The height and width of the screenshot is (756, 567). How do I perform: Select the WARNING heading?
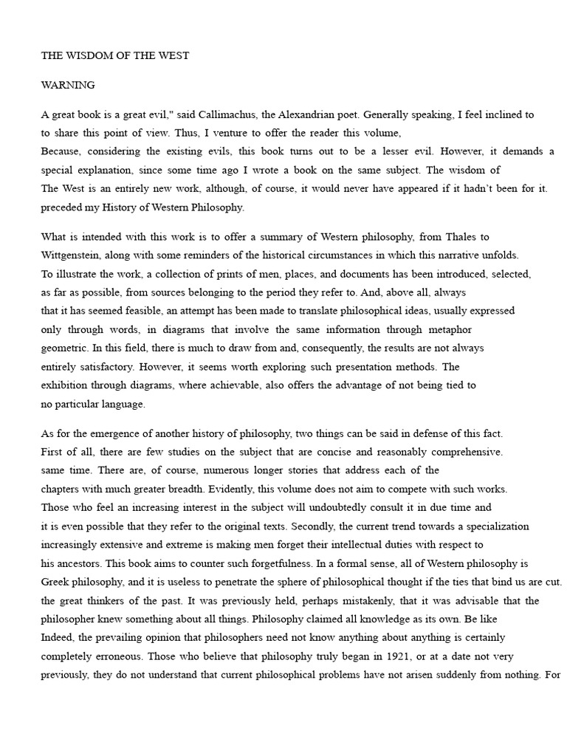tap(68, 85)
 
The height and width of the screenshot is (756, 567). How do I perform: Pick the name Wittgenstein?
tap(72, 255)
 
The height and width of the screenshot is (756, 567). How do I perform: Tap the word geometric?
tap(64, 348)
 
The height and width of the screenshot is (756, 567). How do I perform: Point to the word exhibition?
tap(66, 385)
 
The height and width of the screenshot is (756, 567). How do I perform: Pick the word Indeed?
tap(57, 637)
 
